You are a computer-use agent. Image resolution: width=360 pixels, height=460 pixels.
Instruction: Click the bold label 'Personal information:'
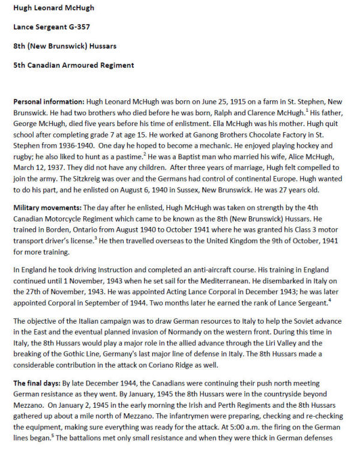[49, 101]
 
